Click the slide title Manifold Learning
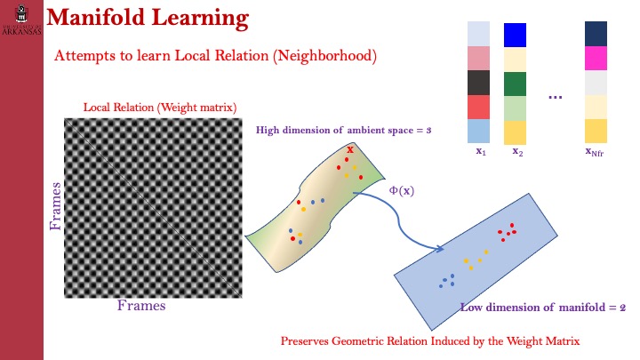coord(147,18)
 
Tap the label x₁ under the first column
coord(480,151)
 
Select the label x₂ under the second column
coord(516,151)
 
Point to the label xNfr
coord(596,151)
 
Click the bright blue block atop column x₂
coord(516,35)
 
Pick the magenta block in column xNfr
coord(596,59)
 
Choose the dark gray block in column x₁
coord(479,83)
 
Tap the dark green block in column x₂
coord(516,84)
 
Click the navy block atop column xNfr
coord(596,34)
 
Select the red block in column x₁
coord(479,107)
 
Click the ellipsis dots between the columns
coord(556,97)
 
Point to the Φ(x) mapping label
coord(402,190)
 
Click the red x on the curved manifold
coord(350,149)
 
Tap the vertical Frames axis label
coord(56,206)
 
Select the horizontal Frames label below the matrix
coord(141,306)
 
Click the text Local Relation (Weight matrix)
coord(160,108)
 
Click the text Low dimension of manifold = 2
coord(542,308)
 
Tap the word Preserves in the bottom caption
coord(307,340)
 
